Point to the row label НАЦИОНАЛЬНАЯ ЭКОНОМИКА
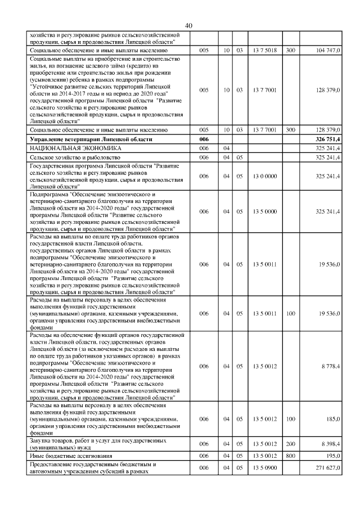pyautogui.click(x=66, y=148)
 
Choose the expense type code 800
pyautogui.click(x=291, y=455)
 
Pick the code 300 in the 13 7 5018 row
pyautogui.click(x=291, y=51)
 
